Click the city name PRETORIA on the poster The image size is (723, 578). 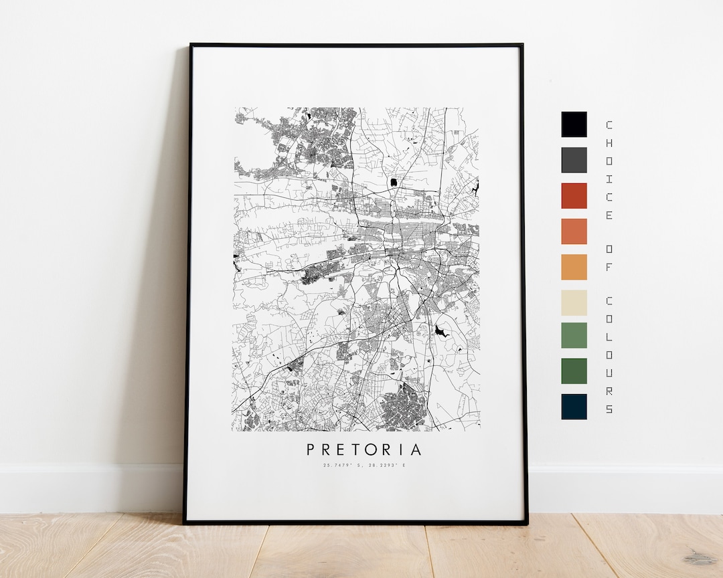(x=365, y=449)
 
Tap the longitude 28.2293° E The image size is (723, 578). (x=386, y=465)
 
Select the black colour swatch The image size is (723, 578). (x=574, y=124)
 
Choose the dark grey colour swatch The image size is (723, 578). (x=574, y=160)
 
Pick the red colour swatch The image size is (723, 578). (x=574, y=195)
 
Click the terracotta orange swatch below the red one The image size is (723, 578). (x=574, y=231)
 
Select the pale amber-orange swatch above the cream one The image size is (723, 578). (x=574, y=267)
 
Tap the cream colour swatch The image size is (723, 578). (x=574, y=302)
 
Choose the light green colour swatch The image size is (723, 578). (x=574, y=335)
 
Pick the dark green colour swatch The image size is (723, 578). (x=574, y=371)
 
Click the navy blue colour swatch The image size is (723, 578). (x=574, y=406)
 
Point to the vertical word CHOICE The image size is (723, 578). (x=609, y=170)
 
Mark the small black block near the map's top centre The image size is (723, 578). (x=394, y=181)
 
